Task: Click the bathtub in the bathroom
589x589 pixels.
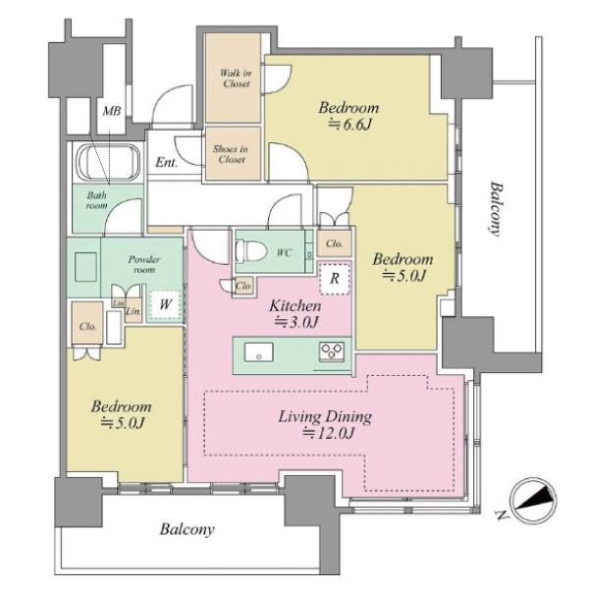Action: point(108,164)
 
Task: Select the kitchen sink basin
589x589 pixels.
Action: point(259,351)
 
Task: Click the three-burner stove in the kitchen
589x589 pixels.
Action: point(332,352)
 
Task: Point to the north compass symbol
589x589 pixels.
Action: point(533,501)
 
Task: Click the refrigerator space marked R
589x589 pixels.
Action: point(335,279)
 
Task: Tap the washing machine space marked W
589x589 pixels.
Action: point(165,304)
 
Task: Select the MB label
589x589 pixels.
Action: point(112,111)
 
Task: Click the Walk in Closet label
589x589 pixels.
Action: point(236,79)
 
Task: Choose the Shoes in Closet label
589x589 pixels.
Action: point(231,154)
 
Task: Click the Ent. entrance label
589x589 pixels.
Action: point(167,163)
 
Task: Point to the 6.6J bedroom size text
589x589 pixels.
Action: point(350,125)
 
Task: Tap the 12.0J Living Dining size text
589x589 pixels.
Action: point(329,433)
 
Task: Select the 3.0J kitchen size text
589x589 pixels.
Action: point(297,322)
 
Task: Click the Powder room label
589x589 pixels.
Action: point(144,264)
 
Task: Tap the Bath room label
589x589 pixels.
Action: point(97,200)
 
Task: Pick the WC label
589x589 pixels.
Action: point(285,253)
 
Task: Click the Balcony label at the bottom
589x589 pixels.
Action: point(187,530)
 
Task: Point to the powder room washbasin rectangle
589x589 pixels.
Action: point(85,267)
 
